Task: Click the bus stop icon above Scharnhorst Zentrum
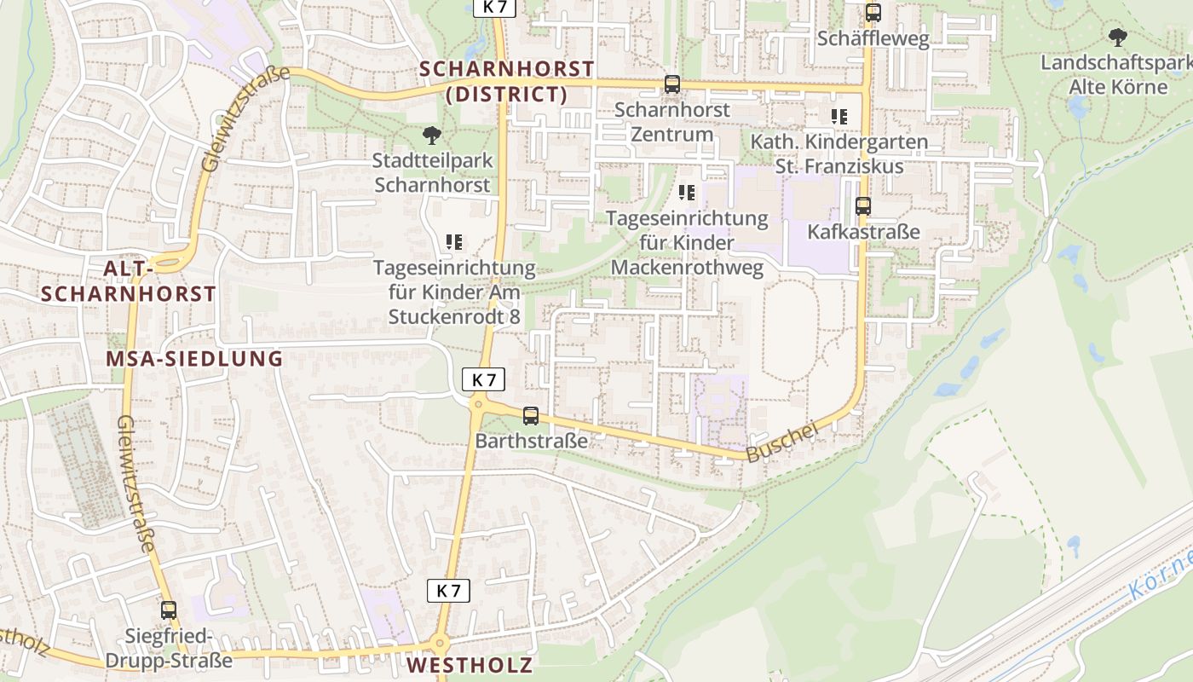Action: (x=672, y=84)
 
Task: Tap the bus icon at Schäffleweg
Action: (x=873, y=13)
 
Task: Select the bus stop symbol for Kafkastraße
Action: (x=863, y=206)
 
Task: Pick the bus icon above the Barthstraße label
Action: (x=531, y=416)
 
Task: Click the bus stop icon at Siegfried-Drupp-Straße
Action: (x=169, y=610)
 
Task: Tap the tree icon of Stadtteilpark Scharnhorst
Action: (x=432, y=135)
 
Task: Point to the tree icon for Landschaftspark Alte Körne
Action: (x=1117, y=38)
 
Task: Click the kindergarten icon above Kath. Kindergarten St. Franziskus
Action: (x=839, y=116)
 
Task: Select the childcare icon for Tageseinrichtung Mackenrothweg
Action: (x=687, y=193)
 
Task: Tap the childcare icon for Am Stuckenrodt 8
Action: (x=454, y=242)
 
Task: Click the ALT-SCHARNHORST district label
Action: (x=129, y=281)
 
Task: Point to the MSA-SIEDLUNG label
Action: (x=194, y=359)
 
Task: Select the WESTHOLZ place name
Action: (x=470, y=665)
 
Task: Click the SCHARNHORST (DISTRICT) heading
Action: (x=507, y=81)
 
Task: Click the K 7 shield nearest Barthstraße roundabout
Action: (x=483, y=379)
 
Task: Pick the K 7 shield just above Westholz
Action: (x=448, y=590)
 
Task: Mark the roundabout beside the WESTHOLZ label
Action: (x=440, y=644)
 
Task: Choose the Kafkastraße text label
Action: (x=863, y=232)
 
